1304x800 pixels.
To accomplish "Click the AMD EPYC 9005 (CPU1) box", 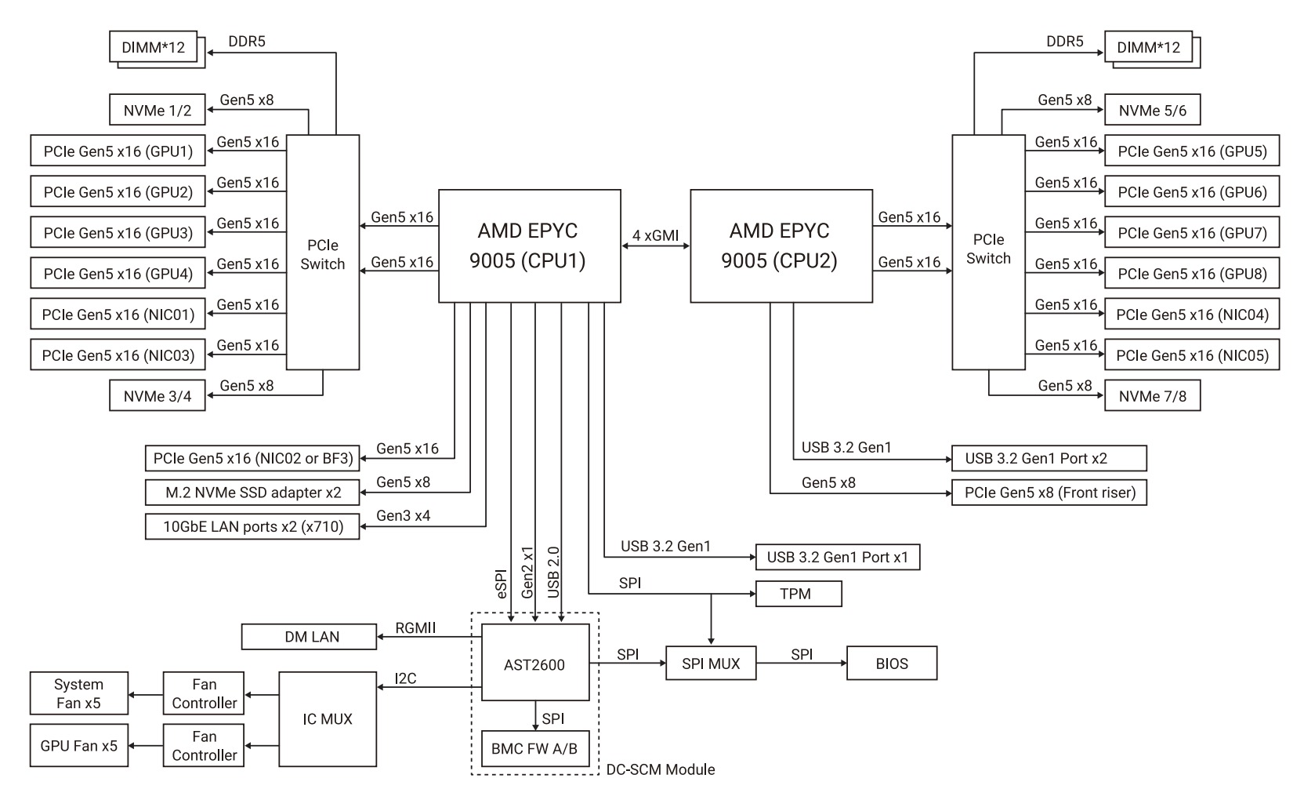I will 529,245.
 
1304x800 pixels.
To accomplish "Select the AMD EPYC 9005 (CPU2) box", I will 781,245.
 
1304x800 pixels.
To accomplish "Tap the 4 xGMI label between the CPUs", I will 656,235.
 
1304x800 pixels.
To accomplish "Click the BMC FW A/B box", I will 534,749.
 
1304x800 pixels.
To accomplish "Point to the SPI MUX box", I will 711,664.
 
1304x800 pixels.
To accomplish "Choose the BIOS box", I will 892,664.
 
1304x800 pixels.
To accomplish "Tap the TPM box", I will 798,594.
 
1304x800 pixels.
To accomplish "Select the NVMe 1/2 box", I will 158,111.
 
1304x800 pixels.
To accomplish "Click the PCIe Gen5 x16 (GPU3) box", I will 118,233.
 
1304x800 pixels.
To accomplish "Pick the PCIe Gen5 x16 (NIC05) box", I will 1191,355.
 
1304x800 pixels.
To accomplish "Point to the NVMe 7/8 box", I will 1152,396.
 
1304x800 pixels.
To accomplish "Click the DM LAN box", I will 310,637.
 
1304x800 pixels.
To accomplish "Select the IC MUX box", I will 328,718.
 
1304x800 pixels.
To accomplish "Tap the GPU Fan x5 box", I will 78,745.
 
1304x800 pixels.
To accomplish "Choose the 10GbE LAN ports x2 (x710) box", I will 253,526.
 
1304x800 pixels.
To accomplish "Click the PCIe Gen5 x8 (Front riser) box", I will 1049,493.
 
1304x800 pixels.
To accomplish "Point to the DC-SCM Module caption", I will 661,769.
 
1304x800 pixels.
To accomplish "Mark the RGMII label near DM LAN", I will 415,627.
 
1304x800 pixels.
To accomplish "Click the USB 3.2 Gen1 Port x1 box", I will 837,557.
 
